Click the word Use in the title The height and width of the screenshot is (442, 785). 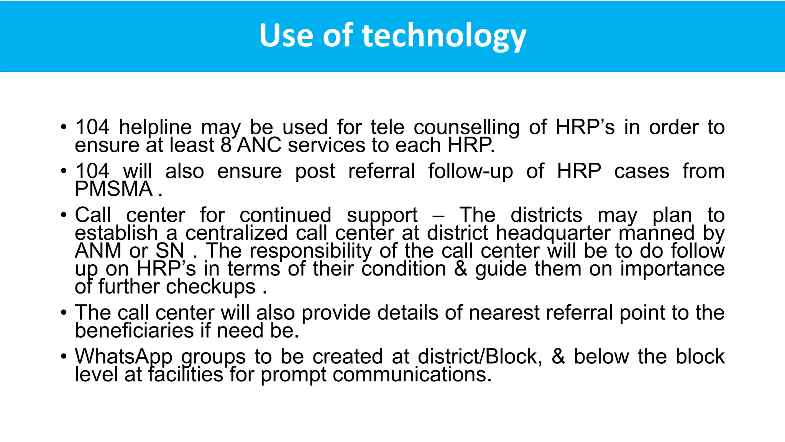click(x=286, y=35)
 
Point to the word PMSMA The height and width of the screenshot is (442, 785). click(x=114, y=189)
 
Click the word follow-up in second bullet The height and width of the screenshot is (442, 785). click(x=470, y=171)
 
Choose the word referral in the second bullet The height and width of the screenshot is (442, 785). click(x=381, y=171)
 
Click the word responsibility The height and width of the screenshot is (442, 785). click(x=310, y=251)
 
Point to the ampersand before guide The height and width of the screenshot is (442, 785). click(x=460, y=269)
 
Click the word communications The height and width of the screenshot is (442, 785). click(x=412, y=374)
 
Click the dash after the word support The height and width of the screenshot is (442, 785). click(x=438, y=216)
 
